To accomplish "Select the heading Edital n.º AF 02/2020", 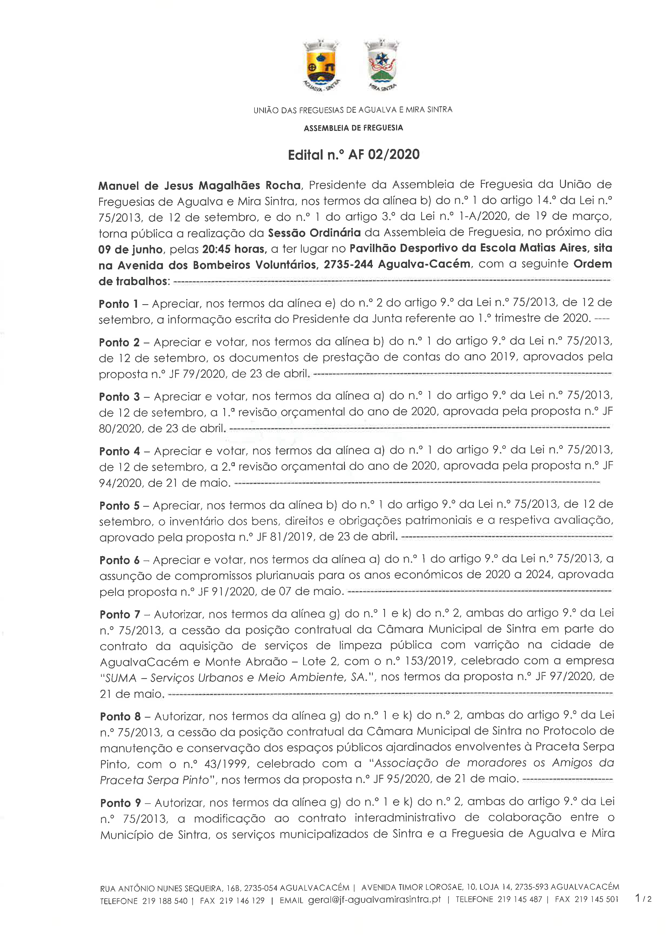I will [354, 155].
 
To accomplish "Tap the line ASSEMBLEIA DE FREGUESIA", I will [353, 128].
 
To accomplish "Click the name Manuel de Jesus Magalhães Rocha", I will [199, 185].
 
